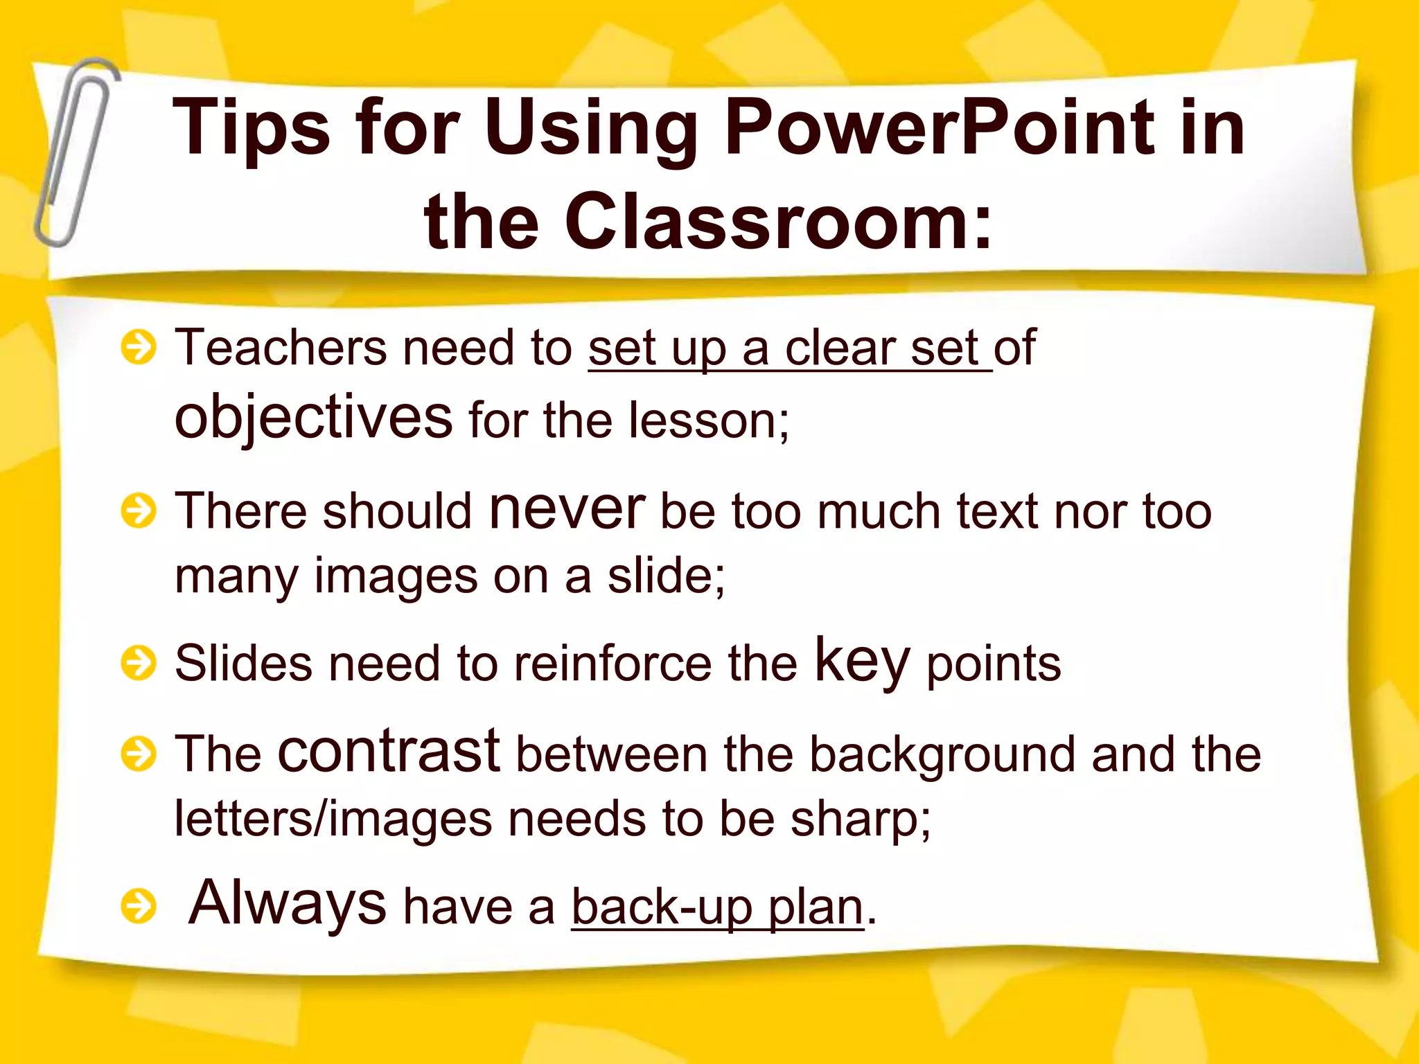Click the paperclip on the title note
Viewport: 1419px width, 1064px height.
(x=75, y=152)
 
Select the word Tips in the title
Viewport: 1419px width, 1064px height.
(x=251, y=128)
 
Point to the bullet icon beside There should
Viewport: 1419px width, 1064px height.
(x=139, y=511)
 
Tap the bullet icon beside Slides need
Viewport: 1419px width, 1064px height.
(x=139, y=664)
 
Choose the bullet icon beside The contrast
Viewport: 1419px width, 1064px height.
(x=139, y=754)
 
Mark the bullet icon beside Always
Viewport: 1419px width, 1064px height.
(x=139, y=906)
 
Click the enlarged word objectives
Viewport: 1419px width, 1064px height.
(x=313, y=418)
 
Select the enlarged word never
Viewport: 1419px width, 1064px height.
(x=567, y=509)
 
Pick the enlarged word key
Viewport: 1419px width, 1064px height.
(x=861, y=662)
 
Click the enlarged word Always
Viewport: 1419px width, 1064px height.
(x=287, y=903)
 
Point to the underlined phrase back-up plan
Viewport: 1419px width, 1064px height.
(x=718, y=907)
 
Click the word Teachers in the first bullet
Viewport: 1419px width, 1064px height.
(x=280, y=348)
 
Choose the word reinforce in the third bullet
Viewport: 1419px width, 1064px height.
(x=612, y=664)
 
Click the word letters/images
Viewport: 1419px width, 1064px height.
(x=333, y=819)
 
